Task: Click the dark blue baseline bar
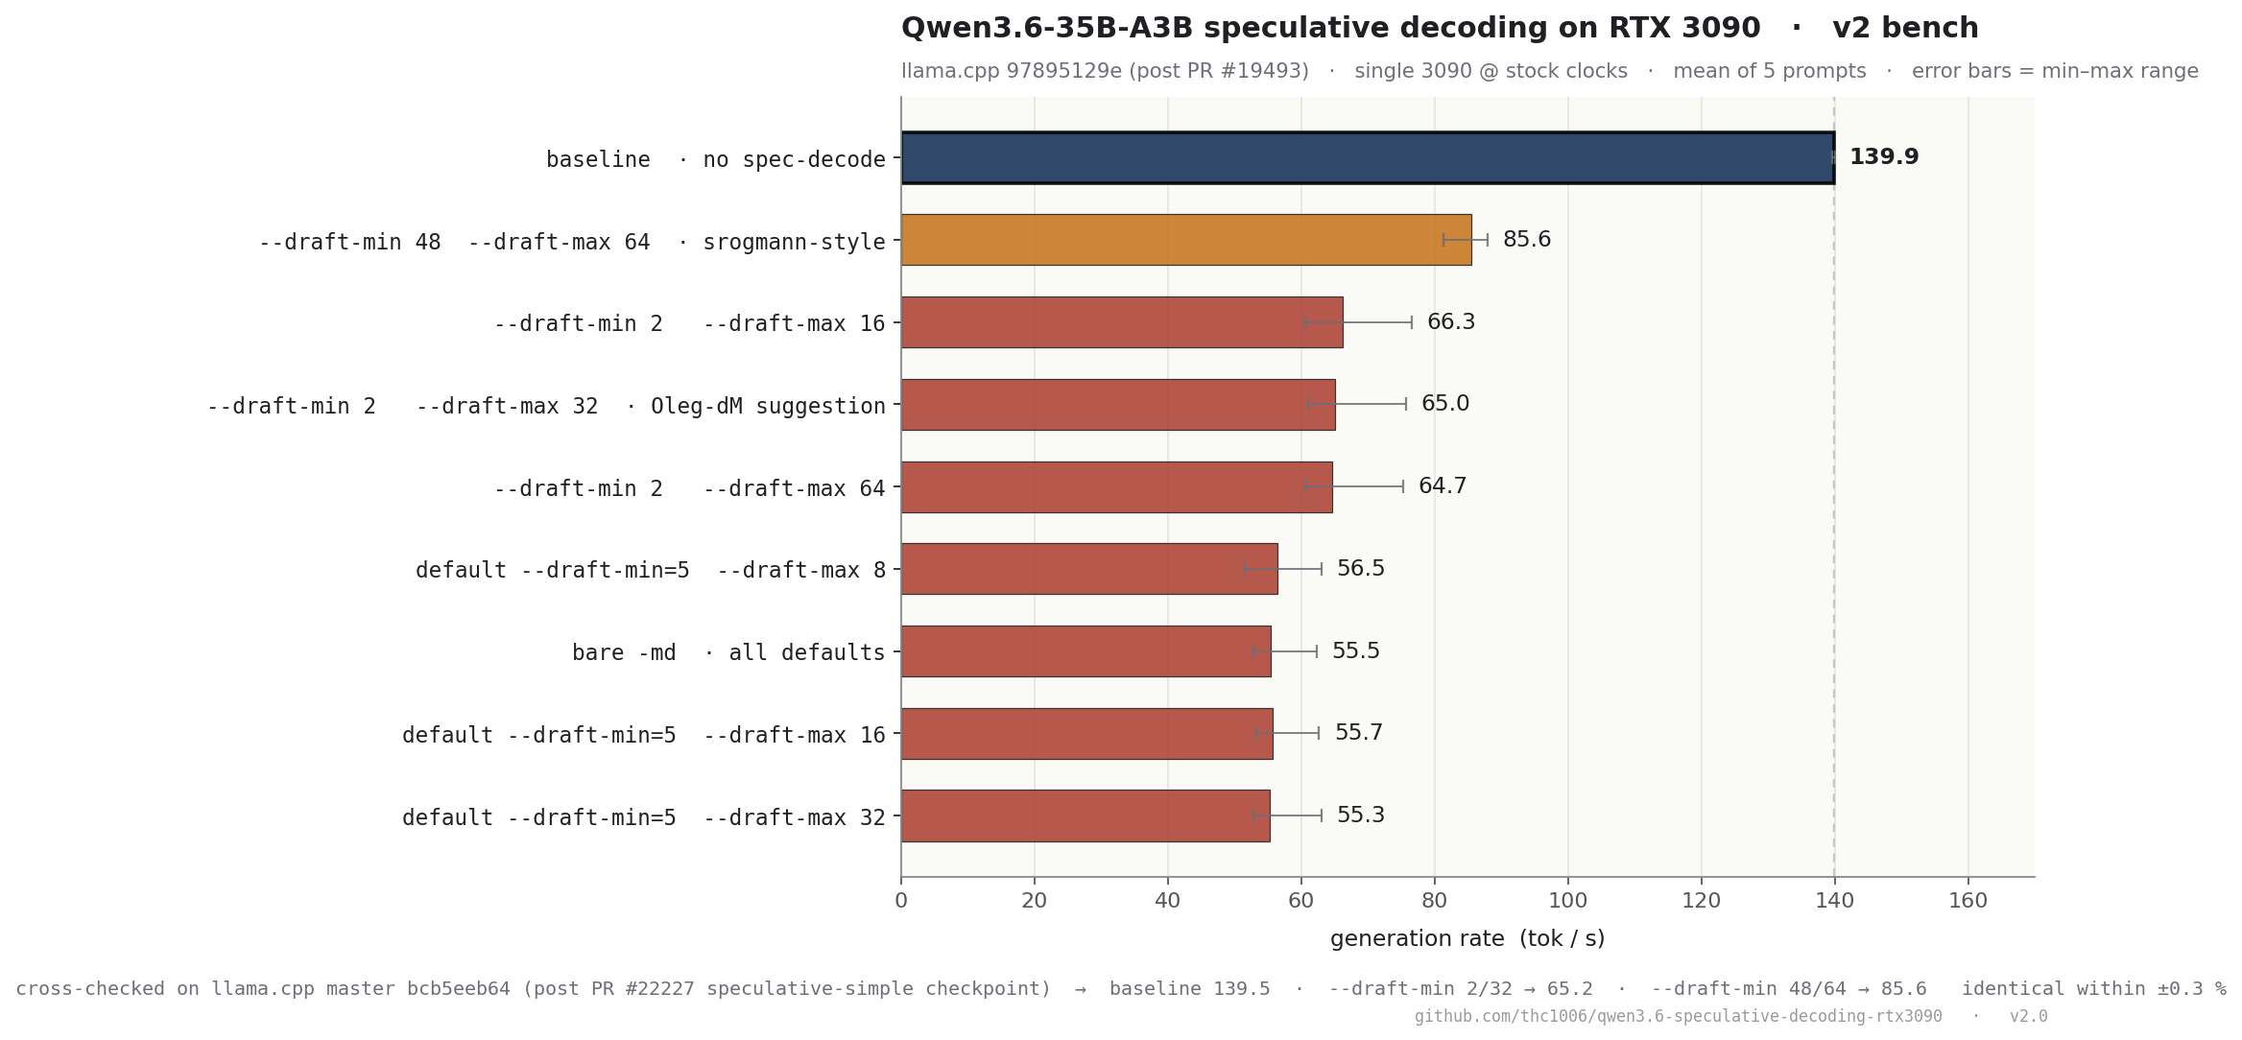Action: (x=1367, y=157)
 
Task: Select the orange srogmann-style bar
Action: (x=1185, y=240)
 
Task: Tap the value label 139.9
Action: (x=1883, y=157)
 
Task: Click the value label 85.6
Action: (x=1526, y=240)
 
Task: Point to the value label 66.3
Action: (x=1450, y=322)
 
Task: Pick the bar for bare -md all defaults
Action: (x=1085, y=651)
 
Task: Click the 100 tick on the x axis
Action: (x=1567, y=901)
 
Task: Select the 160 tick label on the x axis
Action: (x=1968, y=901)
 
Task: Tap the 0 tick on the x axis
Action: (x=900, y=901)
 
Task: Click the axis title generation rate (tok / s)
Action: (x=1467, y=939)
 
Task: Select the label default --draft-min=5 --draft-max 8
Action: (x=650, y=571)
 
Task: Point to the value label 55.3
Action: (x=1360, y=815)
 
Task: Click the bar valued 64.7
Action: (x=1116, y=487)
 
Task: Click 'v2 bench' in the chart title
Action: (x=1904, y=29)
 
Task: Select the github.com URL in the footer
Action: (x=1678, y=1016)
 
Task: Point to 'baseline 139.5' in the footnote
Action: (x=1189, y=989)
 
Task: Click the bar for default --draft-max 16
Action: (x=1086, y=734)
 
